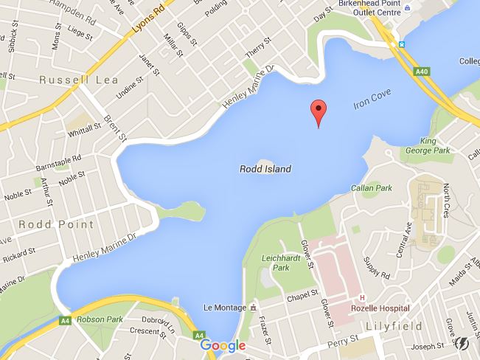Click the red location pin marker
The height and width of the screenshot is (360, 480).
pyautogui.click(x=318, y=111)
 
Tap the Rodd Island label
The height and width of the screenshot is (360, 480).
pyautogui.click(x=265, y=169)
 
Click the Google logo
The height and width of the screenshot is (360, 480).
pyautogui.click(x=222, y=345)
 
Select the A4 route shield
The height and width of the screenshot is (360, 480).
pyautogui.click(x=66, y=321)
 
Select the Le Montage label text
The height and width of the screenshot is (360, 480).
pyautogui.click(x=223, y=306)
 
